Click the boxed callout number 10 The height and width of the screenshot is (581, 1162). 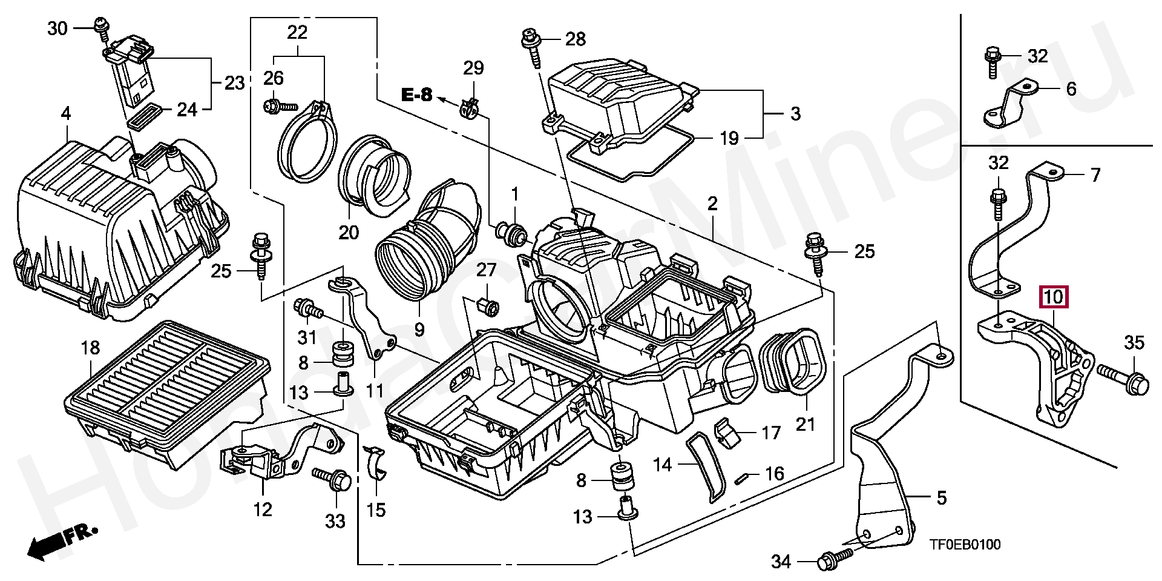[x=1054, y=297]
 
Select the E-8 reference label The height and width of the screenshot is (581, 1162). [x=418, y=95]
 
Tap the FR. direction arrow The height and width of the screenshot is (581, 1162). [x=61, y=540]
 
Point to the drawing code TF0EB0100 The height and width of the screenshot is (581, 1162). [x=965, y=545]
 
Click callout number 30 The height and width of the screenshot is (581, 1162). [x=57, y=28]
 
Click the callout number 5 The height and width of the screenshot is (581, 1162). [x=941, y=498]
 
